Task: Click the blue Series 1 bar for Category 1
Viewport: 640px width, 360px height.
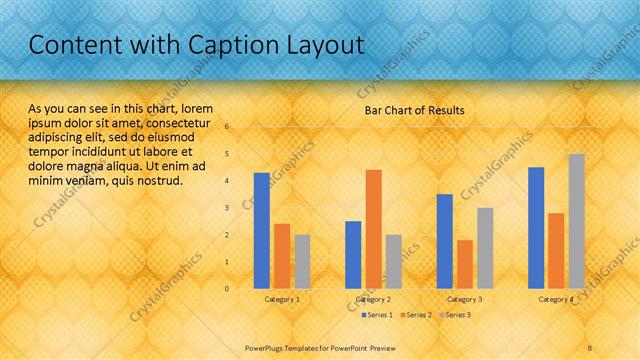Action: [x=261, y=231]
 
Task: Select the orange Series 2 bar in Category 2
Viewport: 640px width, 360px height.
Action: [x=373, y=229]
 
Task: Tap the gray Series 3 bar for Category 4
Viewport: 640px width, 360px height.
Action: [x=576, y=221]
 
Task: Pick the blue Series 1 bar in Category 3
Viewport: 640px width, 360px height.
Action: [x=444, y=241]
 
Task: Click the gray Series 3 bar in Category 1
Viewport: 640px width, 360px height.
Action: [x=302, y=262]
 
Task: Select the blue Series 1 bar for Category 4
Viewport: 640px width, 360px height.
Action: [x=536, y=228]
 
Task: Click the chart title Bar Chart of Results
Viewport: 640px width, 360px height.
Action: [x=414, y=110]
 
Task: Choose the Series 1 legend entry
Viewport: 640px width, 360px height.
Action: [x=376, y=315]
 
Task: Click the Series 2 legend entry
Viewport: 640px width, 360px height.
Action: [x=417, y=315]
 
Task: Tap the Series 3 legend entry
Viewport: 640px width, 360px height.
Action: [x=456, y=315]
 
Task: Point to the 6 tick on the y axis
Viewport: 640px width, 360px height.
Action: [x=227, y=127]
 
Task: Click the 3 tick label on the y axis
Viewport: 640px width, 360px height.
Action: [x=227, y=208]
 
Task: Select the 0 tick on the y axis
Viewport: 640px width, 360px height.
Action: [x=227, y=289]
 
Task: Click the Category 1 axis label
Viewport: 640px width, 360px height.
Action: [x=282, y=299]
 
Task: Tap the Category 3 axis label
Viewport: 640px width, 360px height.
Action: [x=464, y=299]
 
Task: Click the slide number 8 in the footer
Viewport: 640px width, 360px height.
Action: [x=590, y=346]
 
